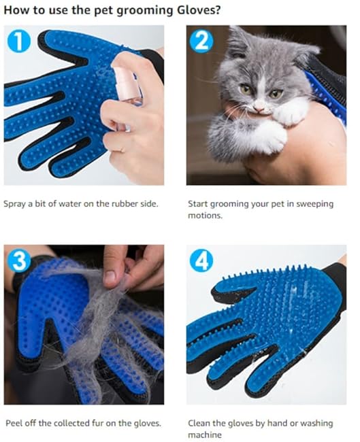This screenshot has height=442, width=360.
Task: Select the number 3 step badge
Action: (x=18, y=261)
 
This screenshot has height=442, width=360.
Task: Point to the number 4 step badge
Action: (x=202, y=260)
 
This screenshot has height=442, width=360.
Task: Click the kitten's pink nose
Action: (x=259, y=103)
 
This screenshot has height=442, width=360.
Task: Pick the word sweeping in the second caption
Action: (x=314, y=203)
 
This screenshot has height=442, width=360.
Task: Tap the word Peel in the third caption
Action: (x=13, y=423)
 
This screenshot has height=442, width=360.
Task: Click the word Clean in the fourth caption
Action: (x=199, y=423)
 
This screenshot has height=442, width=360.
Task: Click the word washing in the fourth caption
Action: (x=317, y=423)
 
